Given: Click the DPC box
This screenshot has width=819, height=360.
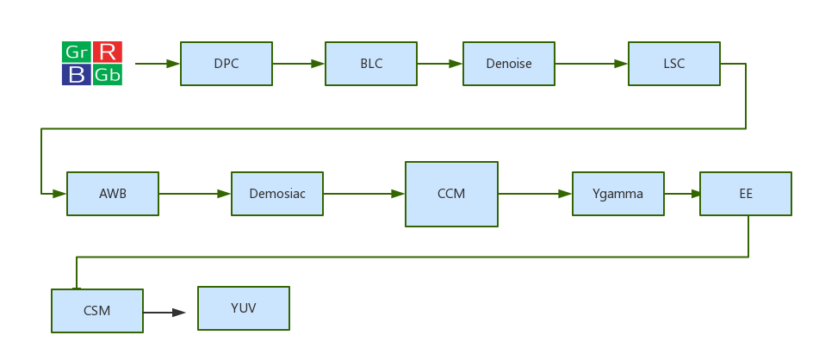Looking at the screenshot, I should tap(226, 64).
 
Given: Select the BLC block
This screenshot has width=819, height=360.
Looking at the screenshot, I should tap(370, 64).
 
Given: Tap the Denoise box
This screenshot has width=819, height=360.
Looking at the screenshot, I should tap(508, 64).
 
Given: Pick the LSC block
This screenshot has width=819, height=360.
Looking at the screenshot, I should tap(673, 64).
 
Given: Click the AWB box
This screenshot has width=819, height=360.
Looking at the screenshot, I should tap(112, 194).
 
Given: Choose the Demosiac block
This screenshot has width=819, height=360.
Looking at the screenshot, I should tap(276, 194).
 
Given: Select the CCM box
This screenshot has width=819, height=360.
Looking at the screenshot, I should tap(451, 194).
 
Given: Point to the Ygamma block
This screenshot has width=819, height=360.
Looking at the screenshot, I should tap(617, 194).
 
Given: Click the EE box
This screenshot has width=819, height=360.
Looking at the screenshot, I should tap(745, 194).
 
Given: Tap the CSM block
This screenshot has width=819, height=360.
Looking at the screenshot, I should tap(96, 311).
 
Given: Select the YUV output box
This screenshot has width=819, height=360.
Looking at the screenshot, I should tap(243, 308).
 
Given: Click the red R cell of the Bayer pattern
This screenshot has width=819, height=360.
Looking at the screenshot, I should tap(108, 52).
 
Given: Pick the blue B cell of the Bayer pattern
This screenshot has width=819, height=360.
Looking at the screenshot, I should tap(77, 75).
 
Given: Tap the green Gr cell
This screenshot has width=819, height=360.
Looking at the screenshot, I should tap(76, 52).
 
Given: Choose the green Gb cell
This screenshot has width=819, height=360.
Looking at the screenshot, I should tap(108, 75).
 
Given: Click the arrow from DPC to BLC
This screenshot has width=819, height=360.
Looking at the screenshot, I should tap(298, 64).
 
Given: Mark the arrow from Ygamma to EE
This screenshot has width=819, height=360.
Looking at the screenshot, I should tap(682, 194).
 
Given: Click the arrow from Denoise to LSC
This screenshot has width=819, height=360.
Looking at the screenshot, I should tap(591, 64).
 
